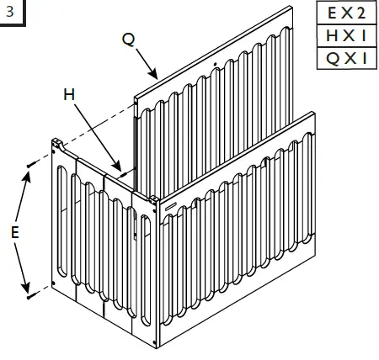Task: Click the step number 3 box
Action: click(x=10, y=13)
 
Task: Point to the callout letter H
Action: click(x=70, y=95)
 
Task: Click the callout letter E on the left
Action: click(x=14, y=233)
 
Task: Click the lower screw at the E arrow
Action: click(x=29, y=296)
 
